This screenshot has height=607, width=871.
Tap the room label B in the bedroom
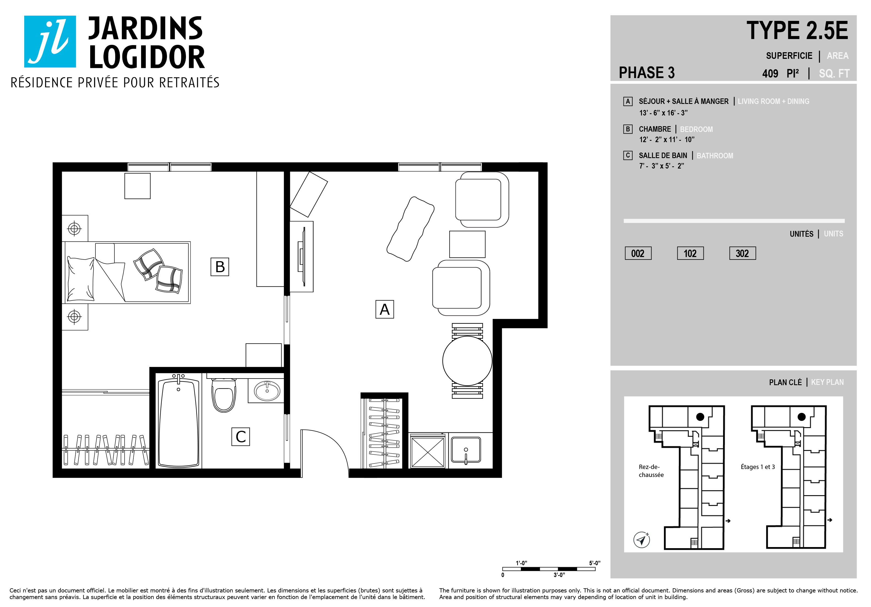(x=220, y=267)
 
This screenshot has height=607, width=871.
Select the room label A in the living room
(x=385, y=309)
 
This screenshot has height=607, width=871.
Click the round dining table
(x=467, y=361)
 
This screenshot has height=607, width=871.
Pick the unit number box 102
(x=690, y=253)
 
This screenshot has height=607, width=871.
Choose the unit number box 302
(x=742, y=253)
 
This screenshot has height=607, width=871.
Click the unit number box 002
(x=638, y=253)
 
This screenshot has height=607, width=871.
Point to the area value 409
(x=770, y=74)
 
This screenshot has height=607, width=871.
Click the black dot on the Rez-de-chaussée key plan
(x=700, y=417)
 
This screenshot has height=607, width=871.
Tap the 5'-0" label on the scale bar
(x=594, y=563)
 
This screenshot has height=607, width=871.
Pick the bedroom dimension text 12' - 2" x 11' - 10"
(x=667, y=140)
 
